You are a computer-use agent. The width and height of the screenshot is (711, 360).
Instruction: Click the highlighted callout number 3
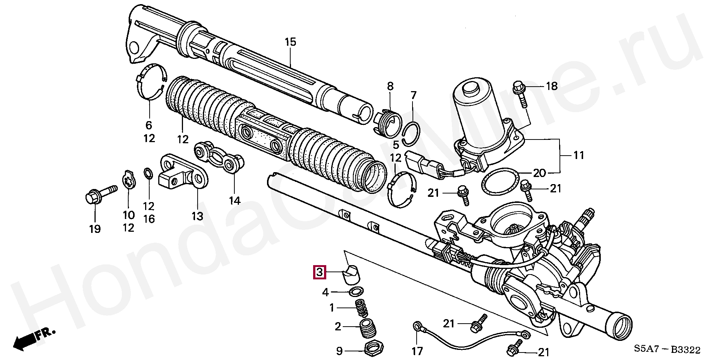click(x=319, y=272)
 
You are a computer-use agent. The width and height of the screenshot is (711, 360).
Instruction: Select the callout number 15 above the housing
click(x=290, y=42)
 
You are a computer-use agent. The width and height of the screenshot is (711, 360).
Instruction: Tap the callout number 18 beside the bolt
click(x=552, y=86)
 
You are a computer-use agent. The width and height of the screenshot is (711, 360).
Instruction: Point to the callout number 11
click(x=579, y=155)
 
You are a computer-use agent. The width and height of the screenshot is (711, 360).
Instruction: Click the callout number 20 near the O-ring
click(x=539, y=173)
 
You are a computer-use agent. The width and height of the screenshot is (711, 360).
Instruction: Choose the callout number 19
click(x=95, y=228)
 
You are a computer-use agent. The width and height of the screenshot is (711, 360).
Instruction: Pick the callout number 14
click(x=235, y=201)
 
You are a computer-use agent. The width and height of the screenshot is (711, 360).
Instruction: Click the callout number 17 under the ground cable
click(x=417, y=351)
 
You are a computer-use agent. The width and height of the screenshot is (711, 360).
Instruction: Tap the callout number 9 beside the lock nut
click(x=339, y=351)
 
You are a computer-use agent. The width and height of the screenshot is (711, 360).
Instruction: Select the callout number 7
click(x=413, y=95)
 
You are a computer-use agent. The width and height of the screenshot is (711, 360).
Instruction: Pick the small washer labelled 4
click(x=355, y=291)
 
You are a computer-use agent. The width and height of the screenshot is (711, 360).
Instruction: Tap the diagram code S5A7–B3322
click(x=667, y=350)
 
